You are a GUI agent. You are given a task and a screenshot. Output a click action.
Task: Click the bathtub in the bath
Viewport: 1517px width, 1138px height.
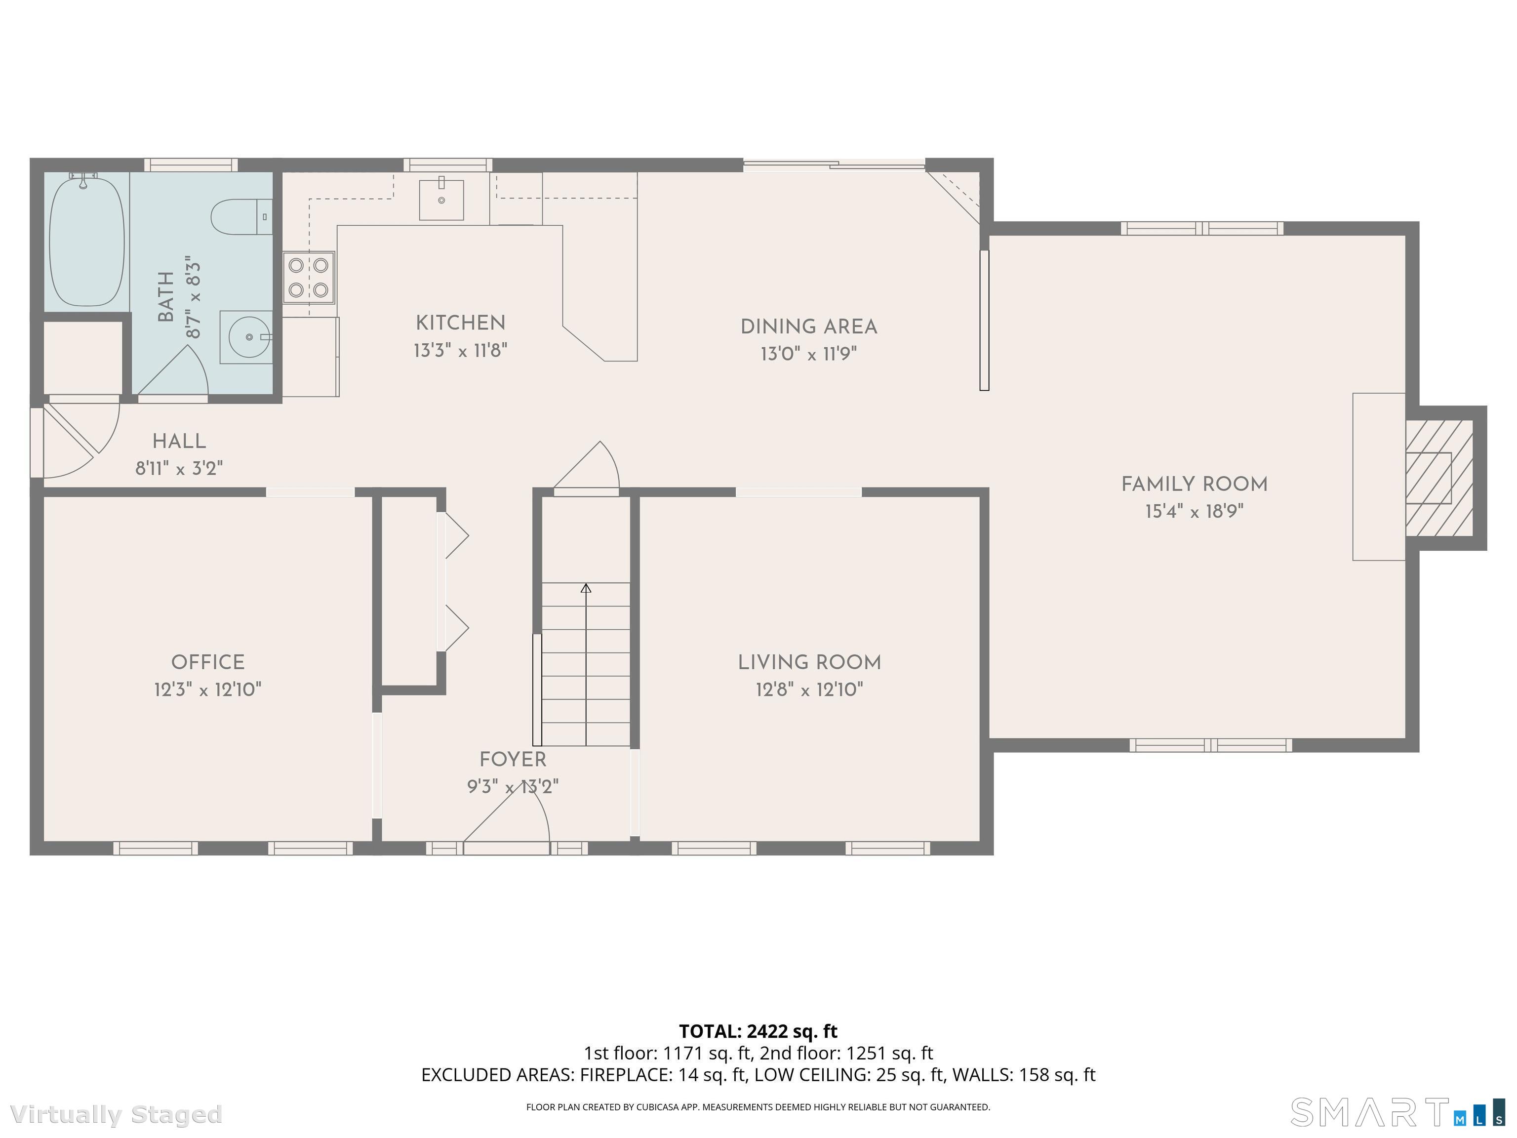(x=87, y=240)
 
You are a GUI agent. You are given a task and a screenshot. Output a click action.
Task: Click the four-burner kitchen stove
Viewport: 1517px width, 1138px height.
(x=309, y=278)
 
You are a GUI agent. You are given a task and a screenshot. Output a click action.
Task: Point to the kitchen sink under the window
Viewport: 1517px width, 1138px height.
(x=441, y=200)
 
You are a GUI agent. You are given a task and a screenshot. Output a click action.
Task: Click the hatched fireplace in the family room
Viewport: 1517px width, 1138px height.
(x=1437, y=478)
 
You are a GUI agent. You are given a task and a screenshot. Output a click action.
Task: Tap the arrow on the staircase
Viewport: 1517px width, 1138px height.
(x=586, y=589)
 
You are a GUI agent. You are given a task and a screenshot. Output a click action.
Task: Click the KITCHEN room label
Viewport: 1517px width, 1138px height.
(x=460, y=323)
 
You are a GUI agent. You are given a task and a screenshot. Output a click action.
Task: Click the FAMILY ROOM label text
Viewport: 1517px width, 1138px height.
(x=1194, y=484)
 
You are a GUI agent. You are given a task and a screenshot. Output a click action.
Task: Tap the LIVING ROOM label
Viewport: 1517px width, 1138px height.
(x=809, y=663)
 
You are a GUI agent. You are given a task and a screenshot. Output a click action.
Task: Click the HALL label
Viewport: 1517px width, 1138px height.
(x=179, y=442)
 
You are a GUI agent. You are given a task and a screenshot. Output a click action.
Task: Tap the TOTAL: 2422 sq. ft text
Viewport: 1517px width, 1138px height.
(x=758, y=1031)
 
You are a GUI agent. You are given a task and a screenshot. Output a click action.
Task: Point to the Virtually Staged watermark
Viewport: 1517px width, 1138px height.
(x=117, y=1115)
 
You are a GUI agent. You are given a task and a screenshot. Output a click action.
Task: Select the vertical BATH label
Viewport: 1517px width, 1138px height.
(x=166, y=297)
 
